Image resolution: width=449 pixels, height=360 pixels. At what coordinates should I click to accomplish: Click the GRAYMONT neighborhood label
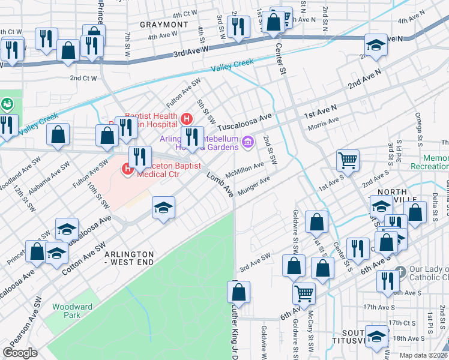click(164, 25)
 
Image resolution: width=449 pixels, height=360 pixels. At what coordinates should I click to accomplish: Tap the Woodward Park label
click(72, 311)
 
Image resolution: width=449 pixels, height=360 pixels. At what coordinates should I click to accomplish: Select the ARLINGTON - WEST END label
click(129, 259)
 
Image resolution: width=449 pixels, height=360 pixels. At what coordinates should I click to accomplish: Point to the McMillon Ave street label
click(244, 169)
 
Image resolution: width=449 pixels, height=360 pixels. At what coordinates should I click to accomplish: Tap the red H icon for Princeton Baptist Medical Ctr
click(127, 170)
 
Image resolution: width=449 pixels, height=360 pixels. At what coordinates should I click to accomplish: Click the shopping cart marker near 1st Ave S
click(348, 161)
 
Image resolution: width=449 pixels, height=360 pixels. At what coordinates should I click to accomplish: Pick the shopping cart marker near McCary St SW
click(304, 294)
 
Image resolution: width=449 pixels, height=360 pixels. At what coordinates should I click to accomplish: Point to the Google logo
click(20, 352)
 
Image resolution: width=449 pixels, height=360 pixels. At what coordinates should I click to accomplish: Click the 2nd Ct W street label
click(83, 78)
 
